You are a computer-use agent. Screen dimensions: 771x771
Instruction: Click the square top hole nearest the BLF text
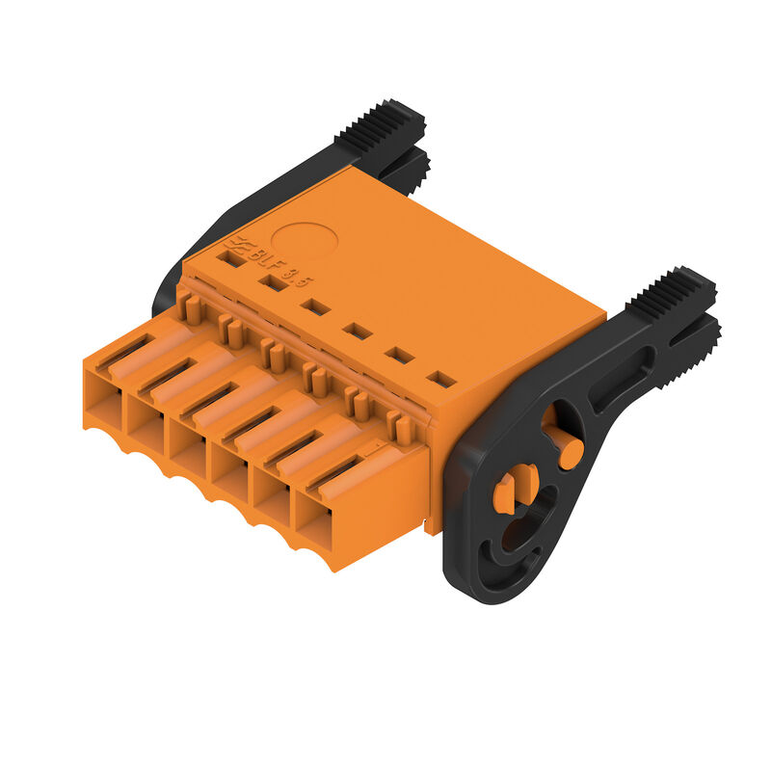[230, 258]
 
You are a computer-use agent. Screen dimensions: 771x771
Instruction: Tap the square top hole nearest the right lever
[440, 379]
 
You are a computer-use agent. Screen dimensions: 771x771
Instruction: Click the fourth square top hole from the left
[358, 331]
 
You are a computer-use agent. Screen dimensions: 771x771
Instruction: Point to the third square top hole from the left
[315, 306]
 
